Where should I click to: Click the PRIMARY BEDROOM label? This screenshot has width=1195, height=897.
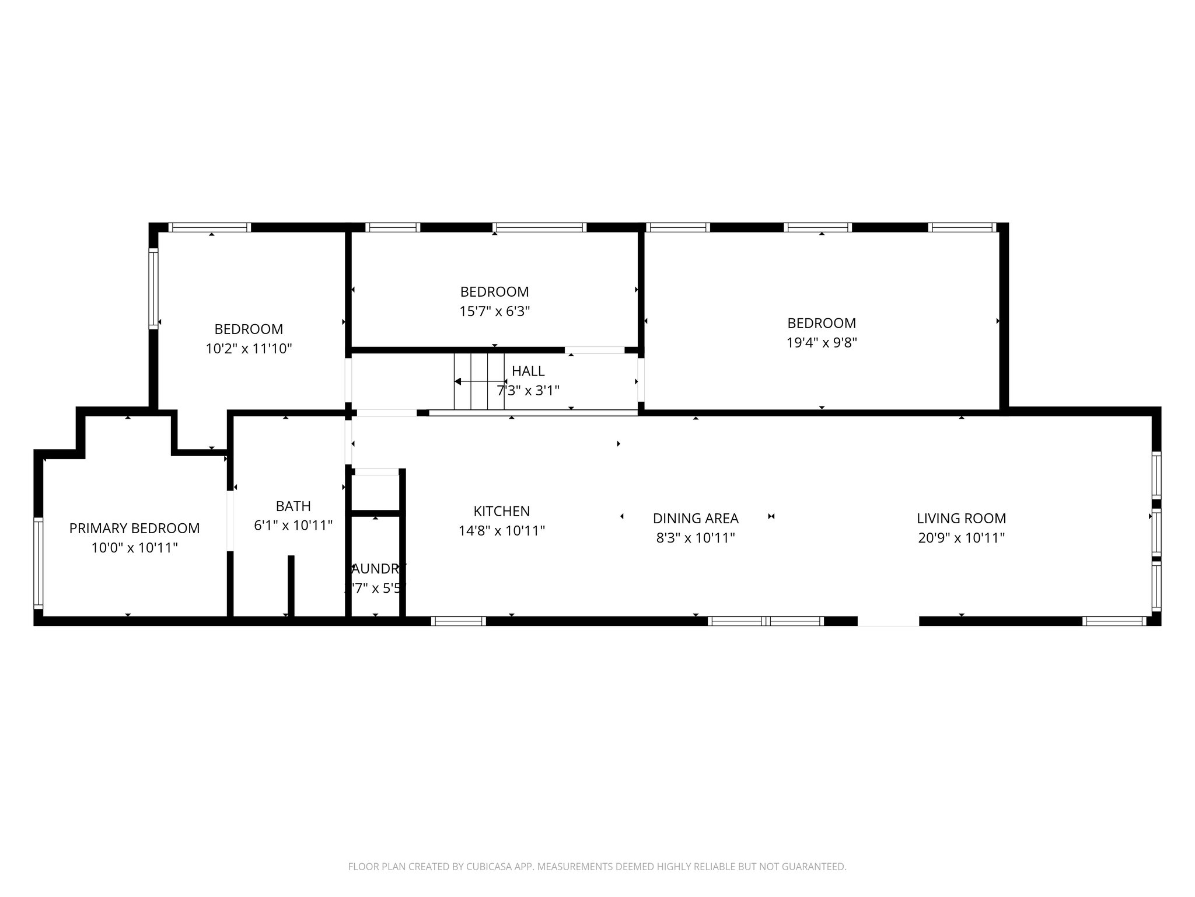134,529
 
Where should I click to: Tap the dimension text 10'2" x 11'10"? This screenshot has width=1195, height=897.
249,349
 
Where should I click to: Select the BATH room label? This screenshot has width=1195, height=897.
293,506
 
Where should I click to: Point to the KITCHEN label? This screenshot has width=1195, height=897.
501,512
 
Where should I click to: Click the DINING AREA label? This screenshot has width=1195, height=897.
696,519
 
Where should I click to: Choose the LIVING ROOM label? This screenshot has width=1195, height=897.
961,519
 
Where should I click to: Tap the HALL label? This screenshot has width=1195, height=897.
528,371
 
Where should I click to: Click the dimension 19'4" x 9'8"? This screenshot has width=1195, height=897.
822,343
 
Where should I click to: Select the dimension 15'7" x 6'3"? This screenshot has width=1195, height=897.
494,311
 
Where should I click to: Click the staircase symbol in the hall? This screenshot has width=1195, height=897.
478,381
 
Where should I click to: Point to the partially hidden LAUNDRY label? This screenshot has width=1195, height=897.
377,569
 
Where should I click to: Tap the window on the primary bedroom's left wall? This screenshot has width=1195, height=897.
39,563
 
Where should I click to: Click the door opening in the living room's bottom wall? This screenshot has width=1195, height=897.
888,621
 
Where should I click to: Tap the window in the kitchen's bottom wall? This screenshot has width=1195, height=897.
458,621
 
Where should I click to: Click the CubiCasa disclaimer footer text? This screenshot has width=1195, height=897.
597,867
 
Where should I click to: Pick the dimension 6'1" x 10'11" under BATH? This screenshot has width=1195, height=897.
293,526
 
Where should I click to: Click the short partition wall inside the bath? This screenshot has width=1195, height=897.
291,585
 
